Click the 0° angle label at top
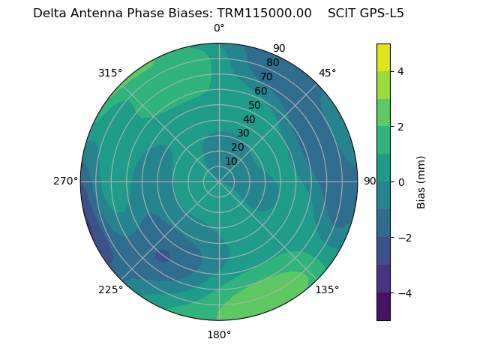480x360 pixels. tap(219, 28)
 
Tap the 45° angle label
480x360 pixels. tap(327, 73)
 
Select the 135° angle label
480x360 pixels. tap(327, 289)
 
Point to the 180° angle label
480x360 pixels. tap(219, 334)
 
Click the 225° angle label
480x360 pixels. tap(110, 289)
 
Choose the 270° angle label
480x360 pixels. tap(66, 181)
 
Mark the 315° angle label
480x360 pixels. tap(110, 73)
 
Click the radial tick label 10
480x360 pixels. tap(231, 161)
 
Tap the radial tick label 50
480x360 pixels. tap(254, 106)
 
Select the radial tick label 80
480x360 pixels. tap(272, 63)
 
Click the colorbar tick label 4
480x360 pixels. tap(401, 71)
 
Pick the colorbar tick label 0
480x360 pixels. tap(401, 182)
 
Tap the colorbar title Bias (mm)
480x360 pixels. tap(421, 182)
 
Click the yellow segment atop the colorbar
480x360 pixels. tap(383, 57)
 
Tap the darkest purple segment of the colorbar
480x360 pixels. tap(383, 307)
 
